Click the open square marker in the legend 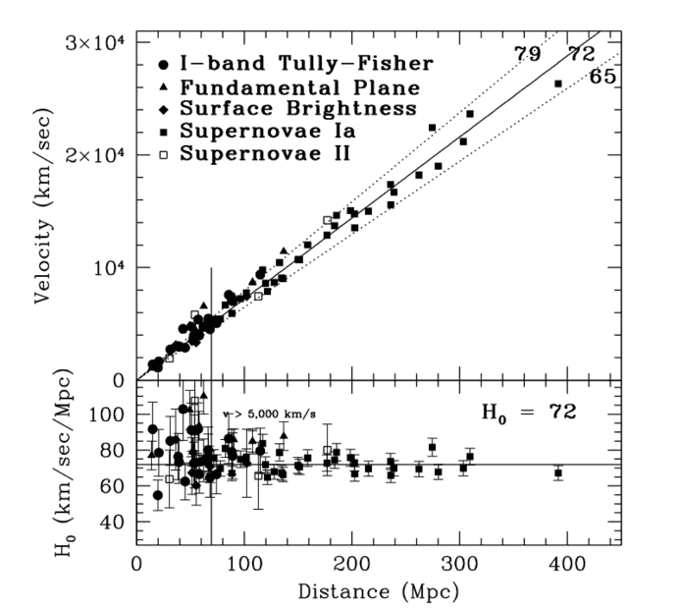tap(162, 152)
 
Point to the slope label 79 tap(528, 53)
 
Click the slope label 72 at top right tap(583, 53)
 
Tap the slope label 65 tap(602, 76)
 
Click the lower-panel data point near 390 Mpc tap(558, 472)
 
